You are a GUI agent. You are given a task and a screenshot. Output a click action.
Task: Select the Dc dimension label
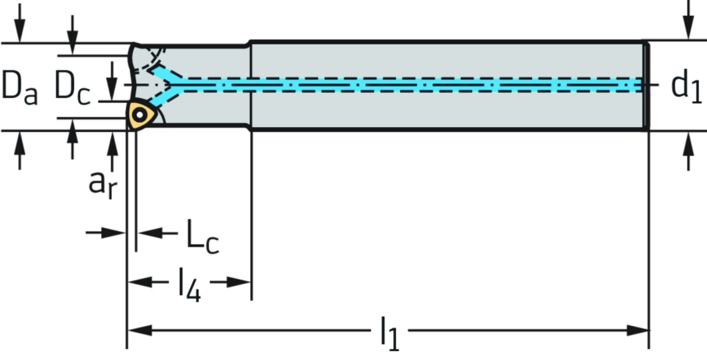72,87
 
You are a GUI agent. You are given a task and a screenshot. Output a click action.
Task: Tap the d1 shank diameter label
686,86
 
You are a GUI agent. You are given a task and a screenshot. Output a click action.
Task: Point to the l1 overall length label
389,331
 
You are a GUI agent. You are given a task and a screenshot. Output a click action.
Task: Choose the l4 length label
189,282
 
